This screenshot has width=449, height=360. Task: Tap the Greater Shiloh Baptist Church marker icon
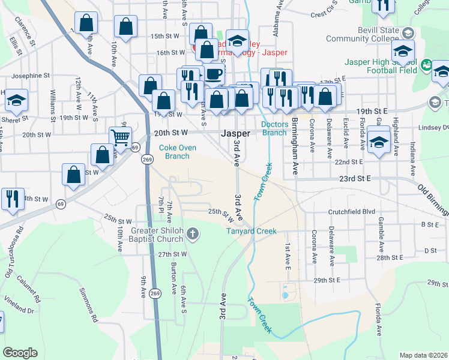[x=192, y=233]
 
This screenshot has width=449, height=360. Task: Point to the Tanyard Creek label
[x=251, y=231]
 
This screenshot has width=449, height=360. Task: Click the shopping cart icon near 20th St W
[x=120, y=137]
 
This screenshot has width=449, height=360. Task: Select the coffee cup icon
[x=214, y=74]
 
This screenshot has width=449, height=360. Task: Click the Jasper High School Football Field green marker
[x=427, y=64]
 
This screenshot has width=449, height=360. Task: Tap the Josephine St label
[x=30, y=76]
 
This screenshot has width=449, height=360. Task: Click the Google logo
[x=20, y=353]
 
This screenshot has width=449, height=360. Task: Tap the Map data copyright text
[x=424, y=355]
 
